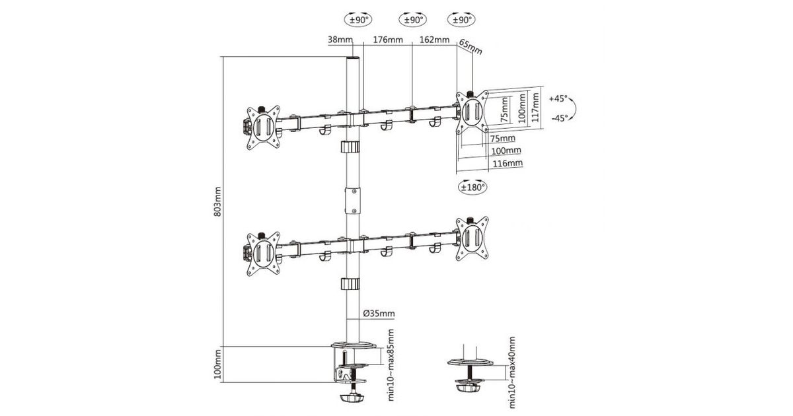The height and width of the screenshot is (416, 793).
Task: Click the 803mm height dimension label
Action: tap(217, 201)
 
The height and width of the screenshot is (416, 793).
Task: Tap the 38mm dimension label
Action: tap(340, 39)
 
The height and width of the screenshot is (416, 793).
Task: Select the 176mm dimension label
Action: tap(388, 39)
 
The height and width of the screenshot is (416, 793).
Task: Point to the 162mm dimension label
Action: tap(434, 39)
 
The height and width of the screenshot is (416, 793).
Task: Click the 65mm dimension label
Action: tap(471, 47)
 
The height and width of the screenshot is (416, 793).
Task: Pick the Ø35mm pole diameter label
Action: tap(379, 313)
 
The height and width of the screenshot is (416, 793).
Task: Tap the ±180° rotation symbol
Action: tap(472, 187)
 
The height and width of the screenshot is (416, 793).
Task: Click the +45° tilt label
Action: tap(558, 98)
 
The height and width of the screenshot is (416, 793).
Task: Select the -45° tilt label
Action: tap(560, 118)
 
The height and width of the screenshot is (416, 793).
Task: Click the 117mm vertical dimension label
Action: tap(535, 107)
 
